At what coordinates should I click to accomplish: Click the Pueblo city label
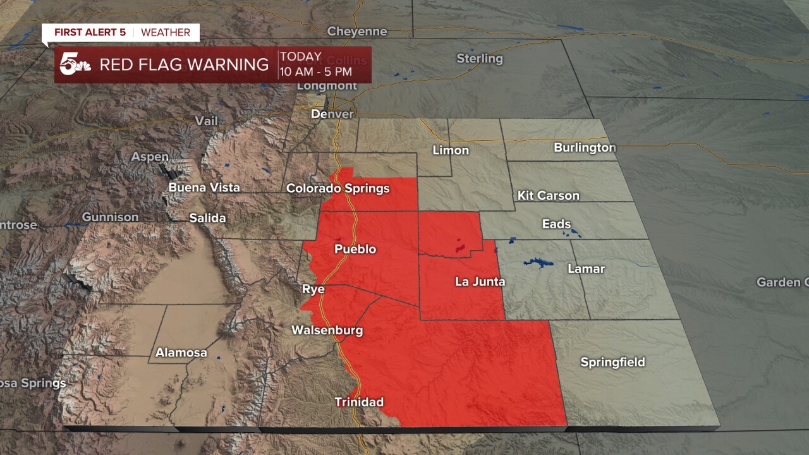point(355,249)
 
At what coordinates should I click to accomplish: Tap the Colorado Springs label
point(338,188)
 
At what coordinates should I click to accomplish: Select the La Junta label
point(480,281)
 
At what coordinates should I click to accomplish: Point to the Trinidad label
point(359,402)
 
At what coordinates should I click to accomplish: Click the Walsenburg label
point(327,330)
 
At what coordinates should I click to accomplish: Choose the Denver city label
point(332,114)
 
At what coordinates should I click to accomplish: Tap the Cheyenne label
point(356,31)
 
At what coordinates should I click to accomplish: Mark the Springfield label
point(612,362)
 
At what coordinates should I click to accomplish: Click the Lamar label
point(586,269)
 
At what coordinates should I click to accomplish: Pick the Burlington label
point(585,147)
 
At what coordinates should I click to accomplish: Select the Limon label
point(451,150)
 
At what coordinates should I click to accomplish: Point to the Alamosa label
point(181,353)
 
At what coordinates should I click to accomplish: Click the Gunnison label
point(110,217)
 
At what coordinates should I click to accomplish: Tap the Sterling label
point(480,59)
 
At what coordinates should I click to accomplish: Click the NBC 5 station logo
point(75,64)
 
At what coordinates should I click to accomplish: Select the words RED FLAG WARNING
point(184,64)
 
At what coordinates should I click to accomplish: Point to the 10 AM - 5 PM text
point(316,71)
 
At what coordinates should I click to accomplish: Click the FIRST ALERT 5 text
point(90,32)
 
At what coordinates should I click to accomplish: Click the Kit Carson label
point(548,195)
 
